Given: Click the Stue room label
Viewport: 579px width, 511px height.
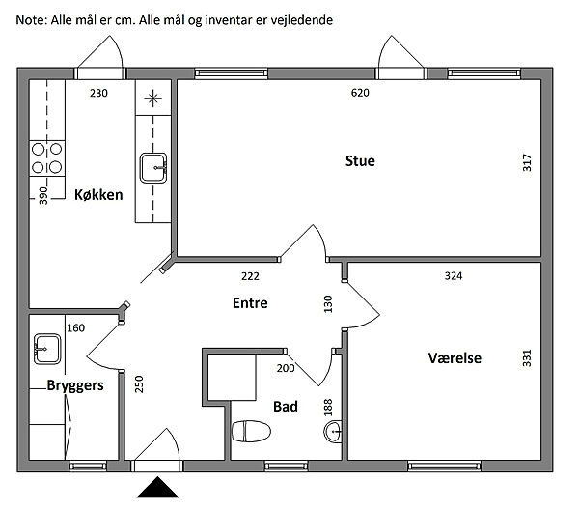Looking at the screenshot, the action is [x=360, y=161].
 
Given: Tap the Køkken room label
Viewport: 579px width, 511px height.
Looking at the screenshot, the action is [x=98, y=195].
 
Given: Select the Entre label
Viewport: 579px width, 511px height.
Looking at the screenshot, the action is [x=250, y=303].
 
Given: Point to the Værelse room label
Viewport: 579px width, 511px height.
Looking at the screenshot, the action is [x=455, y=358].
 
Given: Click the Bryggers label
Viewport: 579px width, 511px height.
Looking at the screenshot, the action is [x=75, y=385].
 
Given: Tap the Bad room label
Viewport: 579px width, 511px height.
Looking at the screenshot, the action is [x=286, y=407].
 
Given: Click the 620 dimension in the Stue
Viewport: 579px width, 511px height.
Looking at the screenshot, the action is [x=360, y=93].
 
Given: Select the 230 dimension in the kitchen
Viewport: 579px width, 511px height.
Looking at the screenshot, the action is [x=98, y=93].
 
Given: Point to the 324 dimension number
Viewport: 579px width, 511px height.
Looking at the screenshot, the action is [x=454, y=276].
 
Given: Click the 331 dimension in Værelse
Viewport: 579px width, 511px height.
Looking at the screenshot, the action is [x=527, y=358].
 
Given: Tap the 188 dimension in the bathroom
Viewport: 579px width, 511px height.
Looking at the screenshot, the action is [x=328, y=408].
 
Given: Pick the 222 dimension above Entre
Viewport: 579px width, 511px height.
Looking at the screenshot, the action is [x=250, y=276].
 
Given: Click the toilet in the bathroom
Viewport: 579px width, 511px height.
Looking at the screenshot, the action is [x=251, y=431].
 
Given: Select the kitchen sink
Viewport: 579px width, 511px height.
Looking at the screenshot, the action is [x=153, y=168].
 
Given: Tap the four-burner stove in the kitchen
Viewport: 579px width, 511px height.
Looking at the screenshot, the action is [x=47, y=158].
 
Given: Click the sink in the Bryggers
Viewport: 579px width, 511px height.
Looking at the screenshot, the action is [x=47, y=349].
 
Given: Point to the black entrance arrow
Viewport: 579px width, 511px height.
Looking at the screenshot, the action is [x=157, y=487].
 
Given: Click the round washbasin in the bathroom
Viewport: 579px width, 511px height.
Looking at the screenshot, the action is [x=333, y=432].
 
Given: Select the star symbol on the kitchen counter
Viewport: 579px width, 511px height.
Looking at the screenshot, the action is [x=152, y=99].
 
